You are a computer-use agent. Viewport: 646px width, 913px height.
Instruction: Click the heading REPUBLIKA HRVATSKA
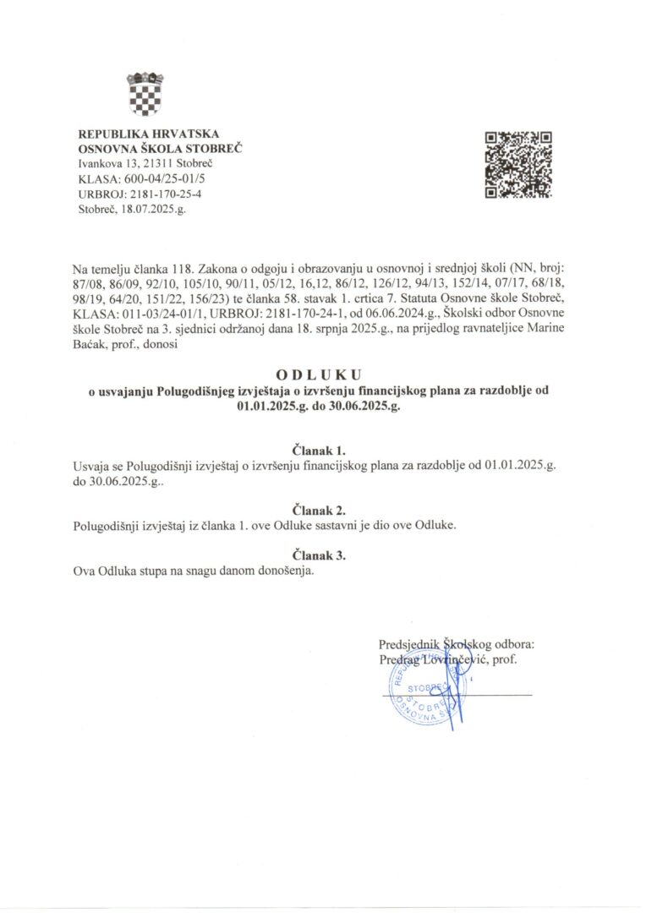(148, 134)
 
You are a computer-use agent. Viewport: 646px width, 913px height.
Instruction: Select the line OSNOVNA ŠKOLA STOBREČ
(160, 148)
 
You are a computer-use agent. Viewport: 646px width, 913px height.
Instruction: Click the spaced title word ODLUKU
(322, 374)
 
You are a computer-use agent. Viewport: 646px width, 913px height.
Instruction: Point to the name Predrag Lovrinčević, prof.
(448, 659)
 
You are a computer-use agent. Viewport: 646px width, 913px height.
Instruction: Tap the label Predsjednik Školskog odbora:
(457, 644)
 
